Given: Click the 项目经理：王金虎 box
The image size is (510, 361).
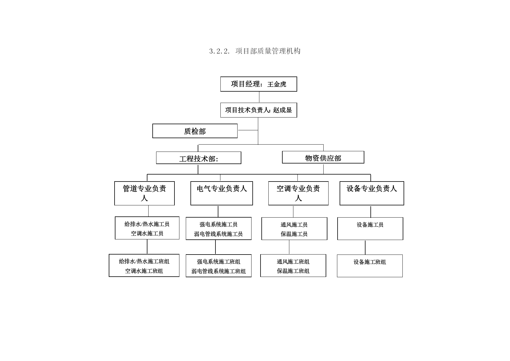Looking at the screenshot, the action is pos(258,84).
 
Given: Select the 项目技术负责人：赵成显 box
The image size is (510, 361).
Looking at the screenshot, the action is pos(258,110).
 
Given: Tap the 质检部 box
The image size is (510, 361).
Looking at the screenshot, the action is pos(195,131).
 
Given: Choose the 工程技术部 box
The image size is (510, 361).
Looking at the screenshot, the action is pos(199,158).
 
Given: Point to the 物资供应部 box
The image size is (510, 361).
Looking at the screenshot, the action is pos(323,157).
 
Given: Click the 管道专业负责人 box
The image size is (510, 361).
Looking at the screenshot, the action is pos(145,193).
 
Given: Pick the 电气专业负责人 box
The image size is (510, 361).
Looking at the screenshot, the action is pos(222,193).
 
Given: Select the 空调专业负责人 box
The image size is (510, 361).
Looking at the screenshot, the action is pos(298,193).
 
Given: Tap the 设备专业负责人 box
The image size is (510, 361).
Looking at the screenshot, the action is pos(372,193).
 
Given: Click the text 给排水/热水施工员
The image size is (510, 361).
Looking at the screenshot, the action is pos(147,224).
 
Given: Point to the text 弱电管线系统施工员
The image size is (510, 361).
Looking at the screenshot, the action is pos(218,234).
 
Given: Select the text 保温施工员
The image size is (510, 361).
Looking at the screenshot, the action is pos(294,234).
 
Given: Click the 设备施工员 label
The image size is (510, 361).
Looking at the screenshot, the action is pos(370,225).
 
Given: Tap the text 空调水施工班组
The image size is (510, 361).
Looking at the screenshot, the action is pos(144,271).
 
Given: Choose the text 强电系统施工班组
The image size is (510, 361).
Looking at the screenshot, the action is pos(219,262).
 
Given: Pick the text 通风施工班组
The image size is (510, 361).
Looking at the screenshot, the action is pos(293,262).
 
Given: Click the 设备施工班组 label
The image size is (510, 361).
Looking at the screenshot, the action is pos(370,262).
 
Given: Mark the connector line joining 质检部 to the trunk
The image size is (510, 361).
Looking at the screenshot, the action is pos(248,130).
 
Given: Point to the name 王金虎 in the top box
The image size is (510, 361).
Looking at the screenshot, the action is pos(277,84).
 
